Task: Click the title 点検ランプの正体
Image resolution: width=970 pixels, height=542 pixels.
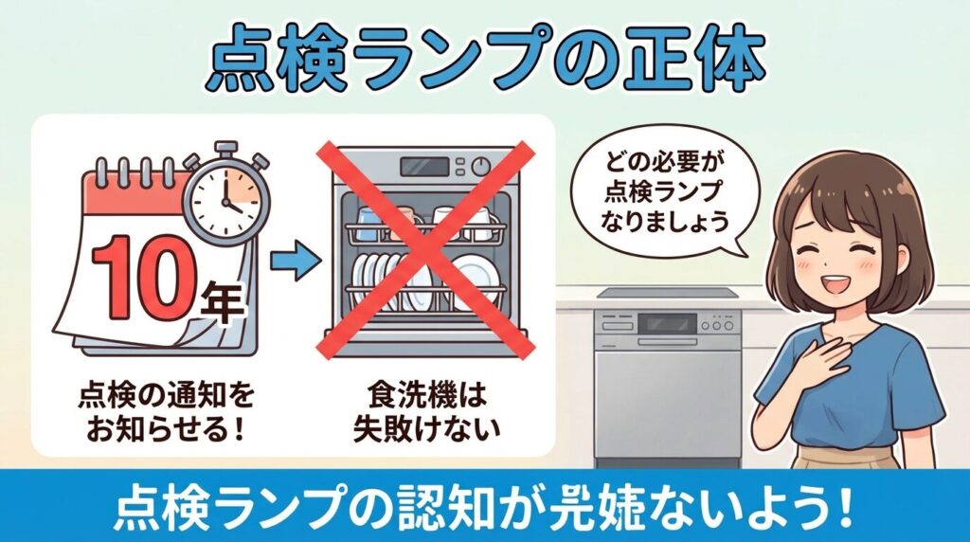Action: coord(485,63)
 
